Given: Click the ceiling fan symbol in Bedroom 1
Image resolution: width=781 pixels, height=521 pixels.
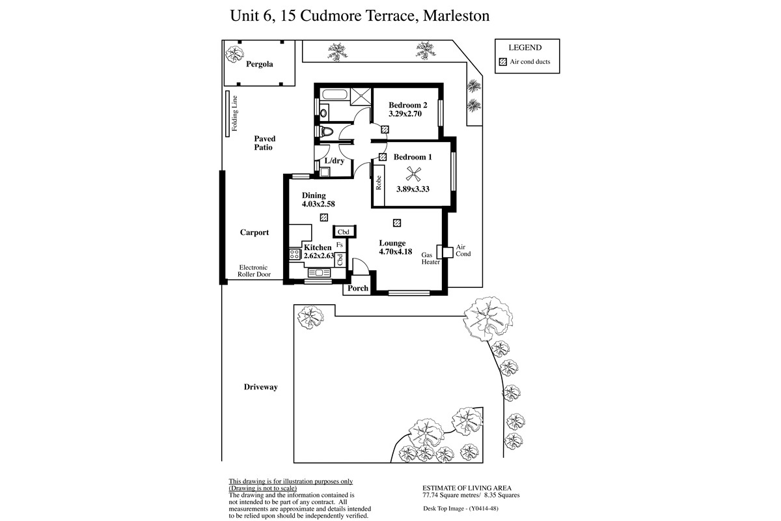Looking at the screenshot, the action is pos(413,174).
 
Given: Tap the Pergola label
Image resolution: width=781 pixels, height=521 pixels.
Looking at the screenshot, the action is pos(260,64).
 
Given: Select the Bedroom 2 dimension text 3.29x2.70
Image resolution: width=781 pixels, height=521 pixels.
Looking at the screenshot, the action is pos(405,114).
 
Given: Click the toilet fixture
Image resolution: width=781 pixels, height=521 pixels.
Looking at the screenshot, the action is pos(327,132).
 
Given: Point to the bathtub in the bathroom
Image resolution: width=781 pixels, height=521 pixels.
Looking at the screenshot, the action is pos(335,94).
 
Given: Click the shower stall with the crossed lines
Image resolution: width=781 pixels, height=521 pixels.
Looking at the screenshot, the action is pos(361,96).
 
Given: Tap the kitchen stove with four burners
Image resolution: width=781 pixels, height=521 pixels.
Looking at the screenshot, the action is pos(295,254).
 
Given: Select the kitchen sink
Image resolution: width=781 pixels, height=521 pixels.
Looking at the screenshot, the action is pos(319,272).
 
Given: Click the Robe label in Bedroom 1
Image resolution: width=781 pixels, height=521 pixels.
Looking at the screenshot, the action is pos(379,183).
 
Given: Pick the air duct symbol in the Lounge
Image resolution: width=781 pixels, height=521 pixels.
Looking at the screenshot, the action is pos(397,223).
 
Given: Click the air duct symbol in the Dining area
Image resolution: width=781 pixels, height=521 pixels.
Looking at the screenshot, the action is pos(324,218).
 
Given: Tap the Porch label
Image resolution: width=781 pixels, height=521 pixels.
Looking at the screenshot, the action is pos(358,289).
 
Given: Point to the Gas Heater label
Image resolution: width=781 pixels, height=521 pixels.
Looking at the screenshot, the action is pos(431,259).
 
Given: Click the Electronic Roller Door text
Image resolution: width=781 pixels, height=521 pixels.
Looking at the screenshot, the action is pos(254,271).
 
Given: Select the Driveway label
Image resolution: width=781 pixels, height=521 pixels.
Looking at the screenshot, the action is pos(260,387).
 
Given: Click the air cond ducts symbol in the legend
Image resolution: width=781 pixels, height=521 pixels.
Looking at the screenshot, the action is pos(502,62).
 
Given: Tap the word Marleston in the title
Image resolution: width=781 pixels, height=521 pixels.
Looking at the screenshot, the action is pos(456,16).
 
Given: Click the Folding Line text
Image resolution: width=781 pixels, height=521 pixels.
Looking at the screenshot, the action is pos(235,113).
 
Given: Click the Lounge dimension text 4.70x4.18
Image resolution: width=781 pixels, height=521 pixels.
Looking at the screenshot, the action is pos(396,251).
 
